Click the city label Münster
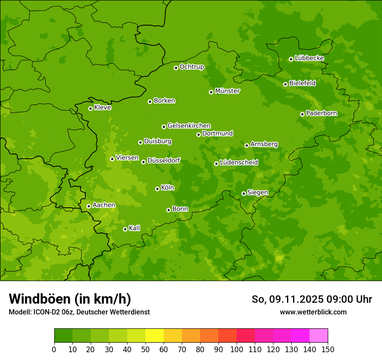[x=227, y=91]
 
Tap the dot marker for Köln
[x=157, y=189]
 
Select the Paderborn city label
[x=322, y=113]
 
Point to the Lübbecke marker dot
[x=291, y=59]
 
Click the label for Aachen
[x=104, y=205]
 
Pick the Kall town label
[x=135, y=228]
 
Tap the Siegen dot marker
[x=244, y=193]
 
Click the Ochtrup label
[x=192, y=67]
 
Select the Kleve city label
[x=102, y=108]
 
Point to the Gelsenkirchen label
[x=189, y=126]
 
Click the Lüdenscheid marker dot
[x=216, y=164]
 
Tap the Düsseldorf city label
[x=164, y=161]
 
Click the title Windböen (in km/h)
[x=70, y=299]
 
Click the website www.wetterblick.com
[x=313, y=312]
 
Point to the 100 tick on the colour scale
[x=237, y=349]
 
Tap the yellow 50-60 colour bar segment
[x=155, y=336]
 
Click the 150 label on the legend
[x=328, y=349]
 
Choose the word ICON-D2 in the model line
[x=46, y=312]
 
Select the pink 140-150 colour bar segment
[x=319, y=336]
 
